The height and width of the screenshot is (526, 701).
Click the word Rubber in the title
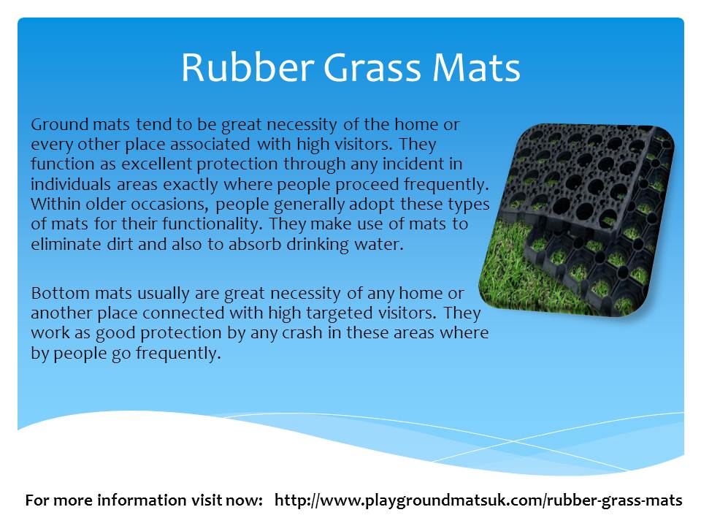tap(248, 67)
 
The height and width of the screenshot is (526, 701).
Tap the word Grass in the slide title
tap(372, 67)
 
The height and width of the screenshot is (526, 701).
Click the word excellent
tap(156, 164)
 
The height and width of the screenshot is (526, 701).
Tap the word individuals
tap(71, 184)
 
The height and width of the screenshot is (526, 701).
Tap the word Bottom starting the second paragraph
tap(61, 294)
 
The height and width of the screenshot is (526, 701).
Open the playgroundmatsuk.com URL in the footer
tap(478, 500)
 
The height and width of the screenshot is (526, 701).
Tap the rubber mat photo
tap(577, 220)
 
